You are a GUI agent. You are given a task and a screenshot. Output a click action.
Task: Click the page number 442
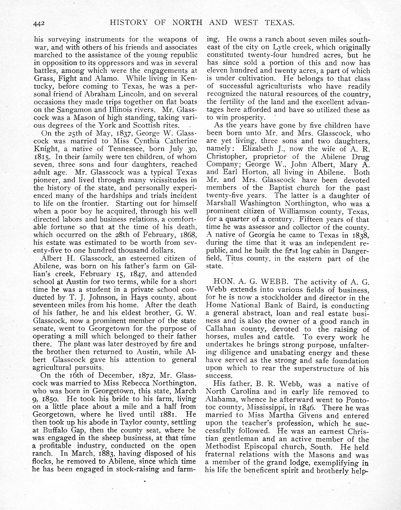(x=38, y=24)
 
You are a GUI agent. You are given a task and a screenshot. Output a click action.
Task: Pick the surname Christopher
(x=224, y=157)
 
